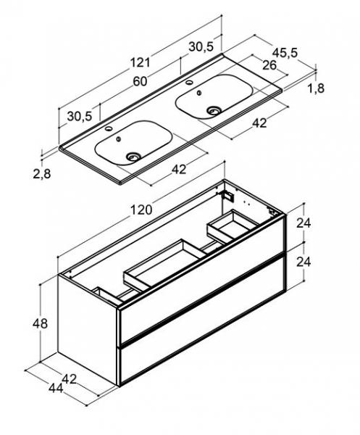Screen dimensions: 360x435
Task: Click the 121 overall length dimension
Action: [141, 62]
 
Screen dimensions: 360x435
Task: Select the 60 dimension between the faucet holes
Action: [140, 81]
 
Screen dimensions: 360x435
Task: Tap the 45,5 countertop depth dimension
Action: [285, 52]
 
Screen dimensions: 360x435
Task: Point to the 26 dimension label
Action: [269, 65]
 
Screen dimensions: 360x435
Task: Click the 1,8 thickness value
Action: [316, 88]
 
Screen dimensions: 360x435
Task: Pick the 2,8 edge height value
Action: [42, 174]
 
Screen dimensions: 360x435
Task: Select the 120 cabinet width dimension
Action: [141, 210]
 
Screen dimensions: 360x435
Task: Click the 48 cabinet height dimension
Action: [40, 323]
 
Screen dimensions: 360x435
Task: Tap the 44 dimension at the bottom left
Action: [56, 388]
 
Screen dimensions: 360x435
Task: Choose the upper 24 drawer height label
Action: [304, 223]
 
